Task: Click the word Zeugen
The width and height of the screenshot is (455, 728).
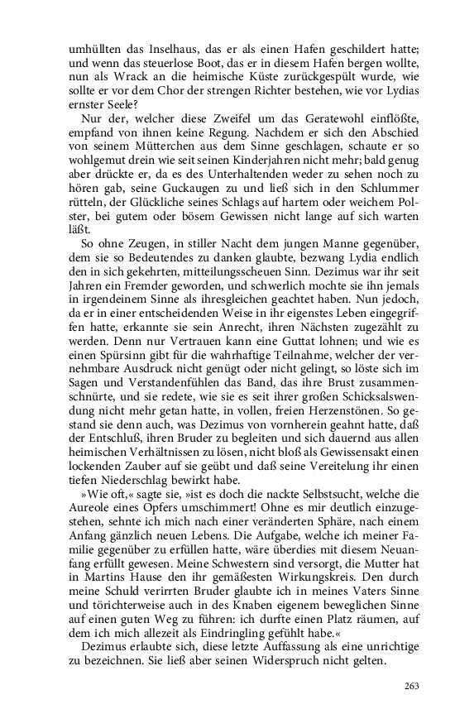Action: tap(148, 244)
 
